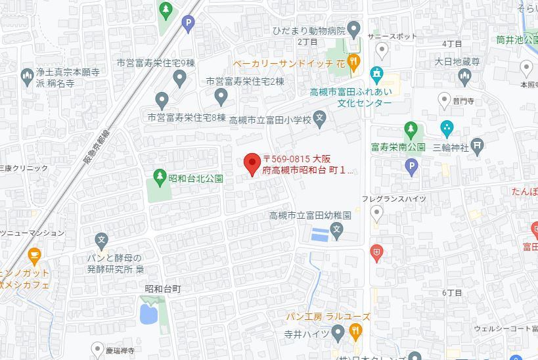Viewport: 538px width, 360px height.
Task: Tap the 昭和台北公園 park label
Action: (196, 178)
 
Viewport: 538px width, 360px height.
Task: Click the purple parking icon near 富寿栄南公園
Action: (411, 169)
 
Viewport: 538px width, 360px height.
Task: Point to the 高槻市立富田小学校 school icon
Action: (319, 120)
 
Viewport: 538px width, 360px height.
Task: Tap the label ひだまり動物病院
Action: (309, 31)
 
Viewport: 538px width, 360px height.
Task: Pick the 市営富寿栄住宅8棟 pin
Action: (162, 101)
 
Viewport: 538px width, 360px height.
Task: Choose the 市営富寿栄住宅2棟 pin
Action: (221, 97)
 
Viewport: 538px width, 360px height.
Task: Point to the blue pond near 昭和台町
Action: (148, 314)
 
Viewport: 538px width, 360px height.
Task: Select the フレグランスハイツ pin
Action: (376, 213)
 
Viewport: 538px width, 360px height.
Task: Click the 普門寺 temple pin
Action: (443, 100)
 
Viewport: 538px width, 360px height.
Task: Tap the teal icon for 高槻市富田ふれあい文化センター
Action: (376, 73)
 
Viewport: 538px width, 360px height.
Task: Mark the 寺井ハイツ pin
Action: (338, 333)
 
